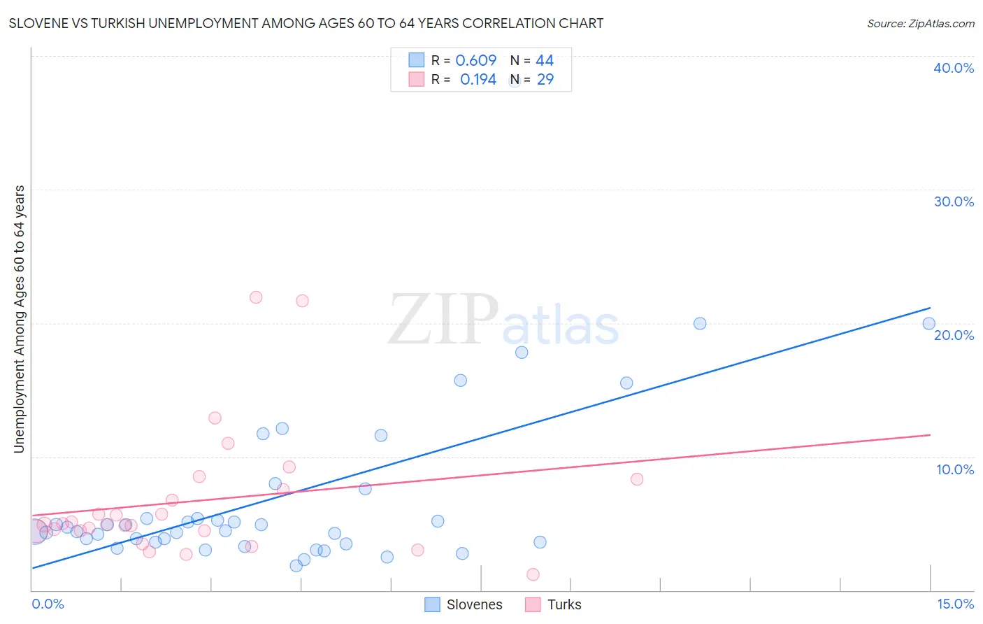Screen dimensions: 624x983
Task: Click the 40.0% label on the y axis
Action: pos(953,68)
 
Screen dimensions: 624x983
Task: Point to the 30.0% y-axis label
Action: pos(953,201)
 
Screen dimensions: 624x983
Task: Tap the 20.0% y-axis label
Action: pos(953,335)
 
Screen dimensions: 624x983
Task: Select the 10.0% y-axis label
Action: pos(954,469)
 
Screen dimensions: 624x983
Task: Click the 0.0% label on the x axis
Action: pos(48,604)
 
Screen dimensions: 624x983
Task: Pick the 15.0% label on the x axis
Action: pos(955,604)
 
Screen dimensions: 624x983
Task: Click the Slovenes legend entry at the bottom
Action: pos(474,605)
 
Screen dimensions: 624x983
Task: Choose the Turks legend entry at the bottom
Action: pos(564,605)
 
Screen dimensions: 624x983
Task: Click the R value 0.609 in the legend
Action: pos(475,61)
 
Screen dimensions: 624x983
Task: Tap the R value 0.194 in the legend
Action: pos(478,80)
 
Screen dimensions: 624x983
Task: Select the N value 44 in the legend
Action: pos(545,61)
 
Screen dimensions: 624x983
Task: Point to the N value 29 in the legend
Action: pos(545,80)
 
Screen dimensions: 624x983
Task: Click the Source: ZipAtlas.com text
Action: pos(920,24)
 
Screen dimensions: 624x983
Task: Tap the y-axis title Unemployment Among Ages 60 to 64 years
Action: pos(19,319)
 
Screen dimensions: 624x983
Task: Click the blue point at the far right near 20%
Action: pos(928,323)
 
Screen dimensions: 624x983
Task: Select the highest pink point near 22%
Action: pos(256,297)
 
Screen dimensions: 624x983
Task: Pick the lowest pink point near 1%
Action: pos(533,574)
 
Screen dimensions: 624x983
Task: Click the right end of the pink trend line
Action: pos(930,435)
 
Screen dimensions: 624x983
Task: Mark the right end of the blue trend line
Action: pos(930,308)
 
